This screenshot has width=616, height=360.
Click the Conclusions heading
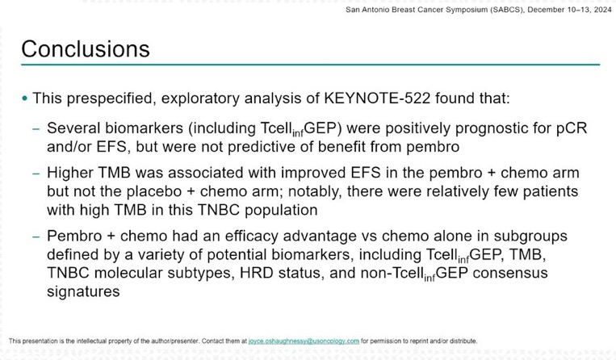click(x=86, y=48)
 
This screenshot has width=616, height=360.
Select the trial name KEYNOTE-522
click(x=377, y=98)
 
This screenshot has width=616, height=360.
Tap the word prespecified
click(x=108, y=99)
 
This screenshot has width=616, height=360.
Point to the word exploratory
click(x=200, y=99)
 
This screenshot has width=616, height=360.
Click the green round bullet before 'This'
click(x=25, y=98)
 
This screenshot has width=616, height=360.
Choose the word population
click(x=281, y=211)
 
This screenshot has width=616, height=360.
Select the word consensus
click(x=510, y=274)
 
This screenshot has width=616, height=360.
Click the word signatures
click(x=83, y=292)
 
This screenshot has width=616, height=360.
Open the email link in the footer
click(x=304, y=341)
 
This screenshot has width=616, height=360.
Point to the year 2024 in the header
click(x=602, y=10)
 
